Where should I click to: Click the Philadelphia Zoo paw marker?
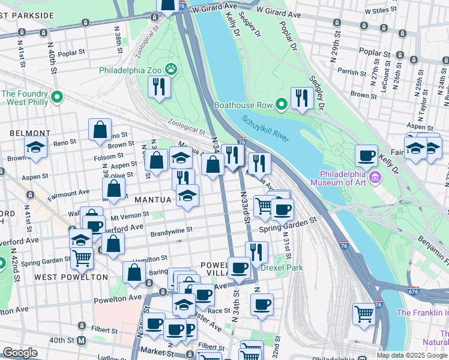click(172, 69)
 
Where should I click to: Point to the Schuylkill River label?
click(266, 129)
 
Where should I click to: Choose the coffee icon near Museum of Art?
click(366, 156)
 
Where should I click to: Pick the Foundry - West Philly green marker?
click(58, 97)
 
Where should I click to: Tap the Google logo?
click(20, 353)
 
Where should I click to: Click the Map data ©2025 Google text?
click(411, 355)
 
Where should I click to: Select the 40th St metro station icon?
click(82, 340)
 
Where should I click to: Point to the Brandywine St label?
click(171, 230)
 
